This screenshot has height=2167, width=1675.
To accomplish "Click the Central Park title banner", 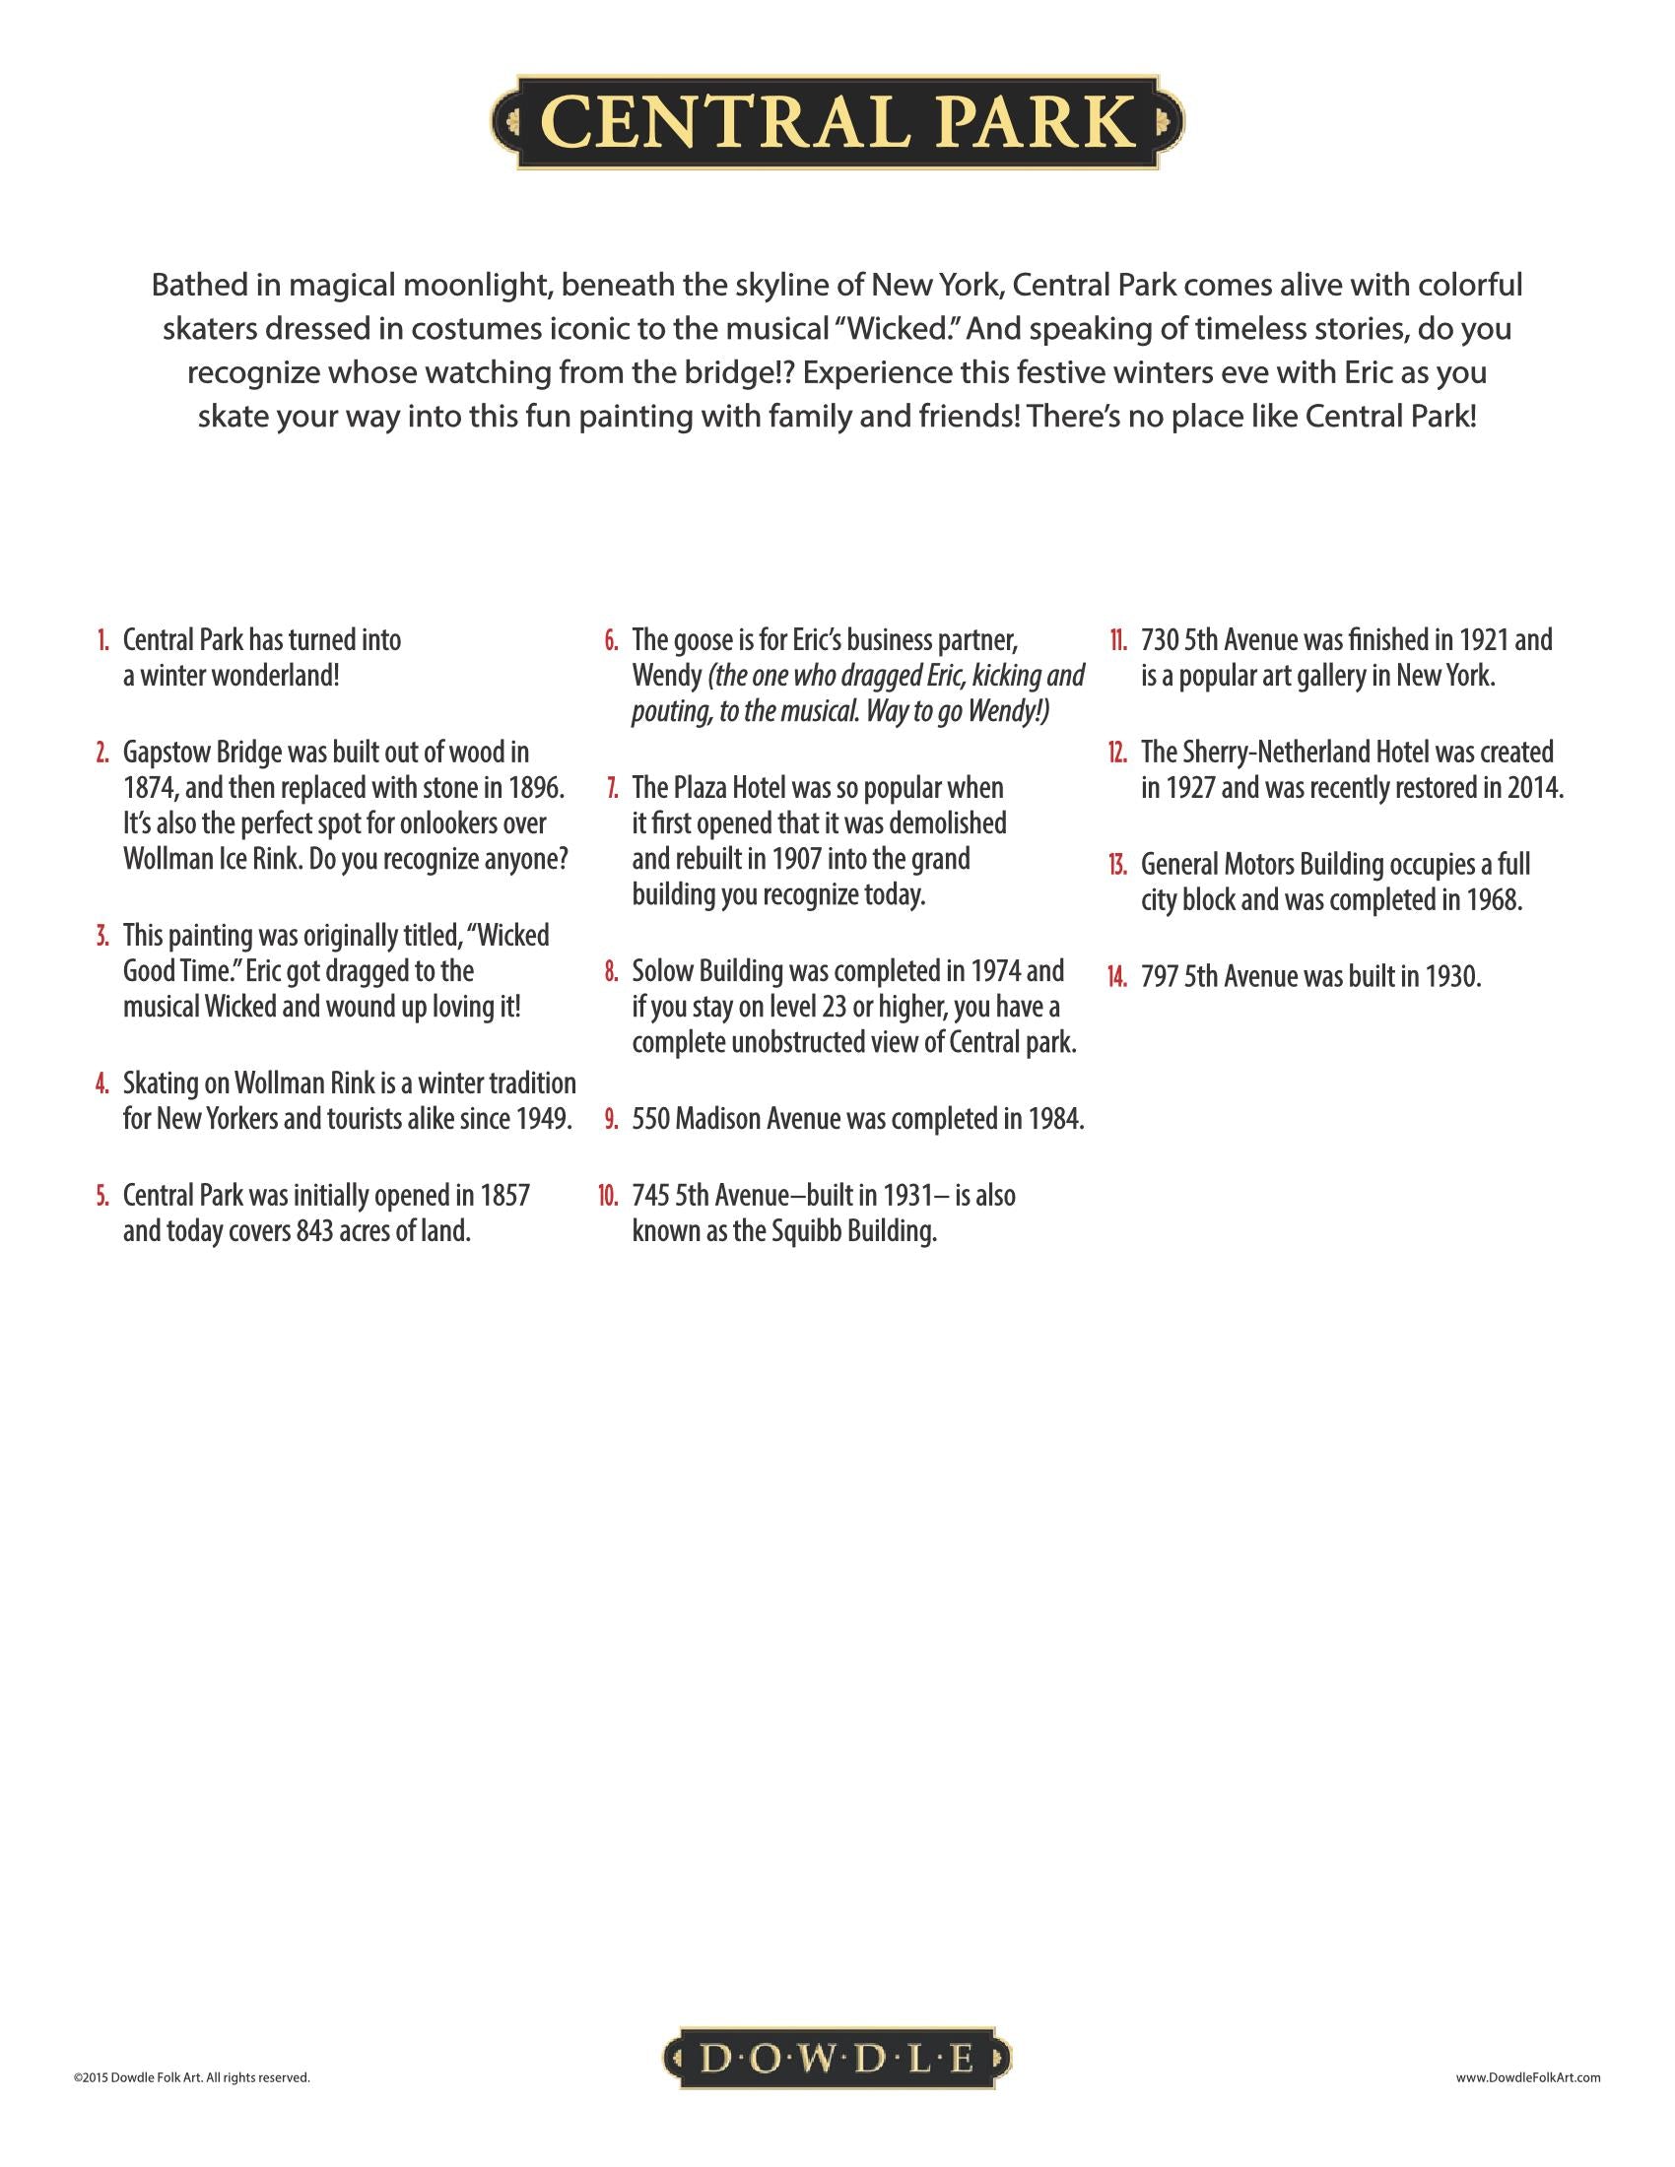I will pos(837,122).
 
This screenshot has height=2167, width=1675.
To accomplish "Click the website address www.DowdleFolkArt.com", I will pos(1527,2076).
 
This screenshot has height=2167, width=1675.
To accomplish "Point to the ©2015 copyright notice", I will pos(191,2076).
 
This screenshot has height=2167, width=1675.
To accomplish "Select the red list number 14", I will pos(1117,977).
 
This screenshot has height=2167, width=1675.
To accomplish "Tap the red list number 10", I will pos(607,1196).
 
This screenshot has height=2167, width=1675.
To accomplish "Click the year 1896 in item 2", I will pos(535,788).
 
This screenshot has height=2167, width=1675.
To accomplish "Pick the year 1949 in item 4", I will pos(543,1118).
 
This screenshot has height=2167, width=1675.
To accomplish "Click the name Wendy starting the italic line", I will pos(666,677).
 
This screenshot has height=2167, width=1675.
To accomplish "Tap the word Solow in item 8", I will pos(662,970).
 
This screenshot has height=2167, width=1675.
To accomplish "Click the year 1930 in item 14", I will pos(1451,977).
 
